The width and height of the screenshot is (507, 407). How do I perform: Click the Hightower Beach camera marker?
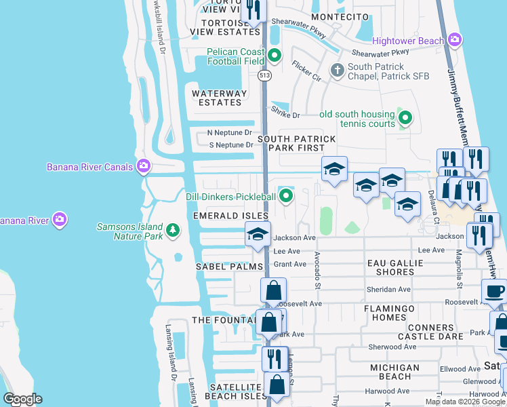(454, 41)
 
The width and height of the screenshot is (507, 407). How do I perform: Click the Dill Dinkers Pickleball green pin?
(287, 197)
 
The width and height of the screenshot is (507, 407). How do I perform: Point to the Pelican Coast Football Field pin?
(274, 56)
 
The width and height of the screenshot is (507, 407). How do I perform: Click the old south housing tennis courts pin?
(405, 119)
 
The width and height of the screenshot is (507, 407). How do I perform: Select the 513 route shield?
(264, 77)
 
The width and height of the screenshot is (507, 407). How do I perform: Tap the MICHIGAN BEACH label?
(400, 372)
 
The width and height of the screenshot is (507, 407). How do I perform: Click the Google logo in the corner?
(22, 399)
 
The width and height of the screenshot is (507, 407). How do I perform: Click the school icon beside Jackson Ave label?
(258, 234)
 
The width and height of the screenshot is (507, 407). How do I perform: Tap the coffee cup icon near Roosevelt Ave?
(495, 291)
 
